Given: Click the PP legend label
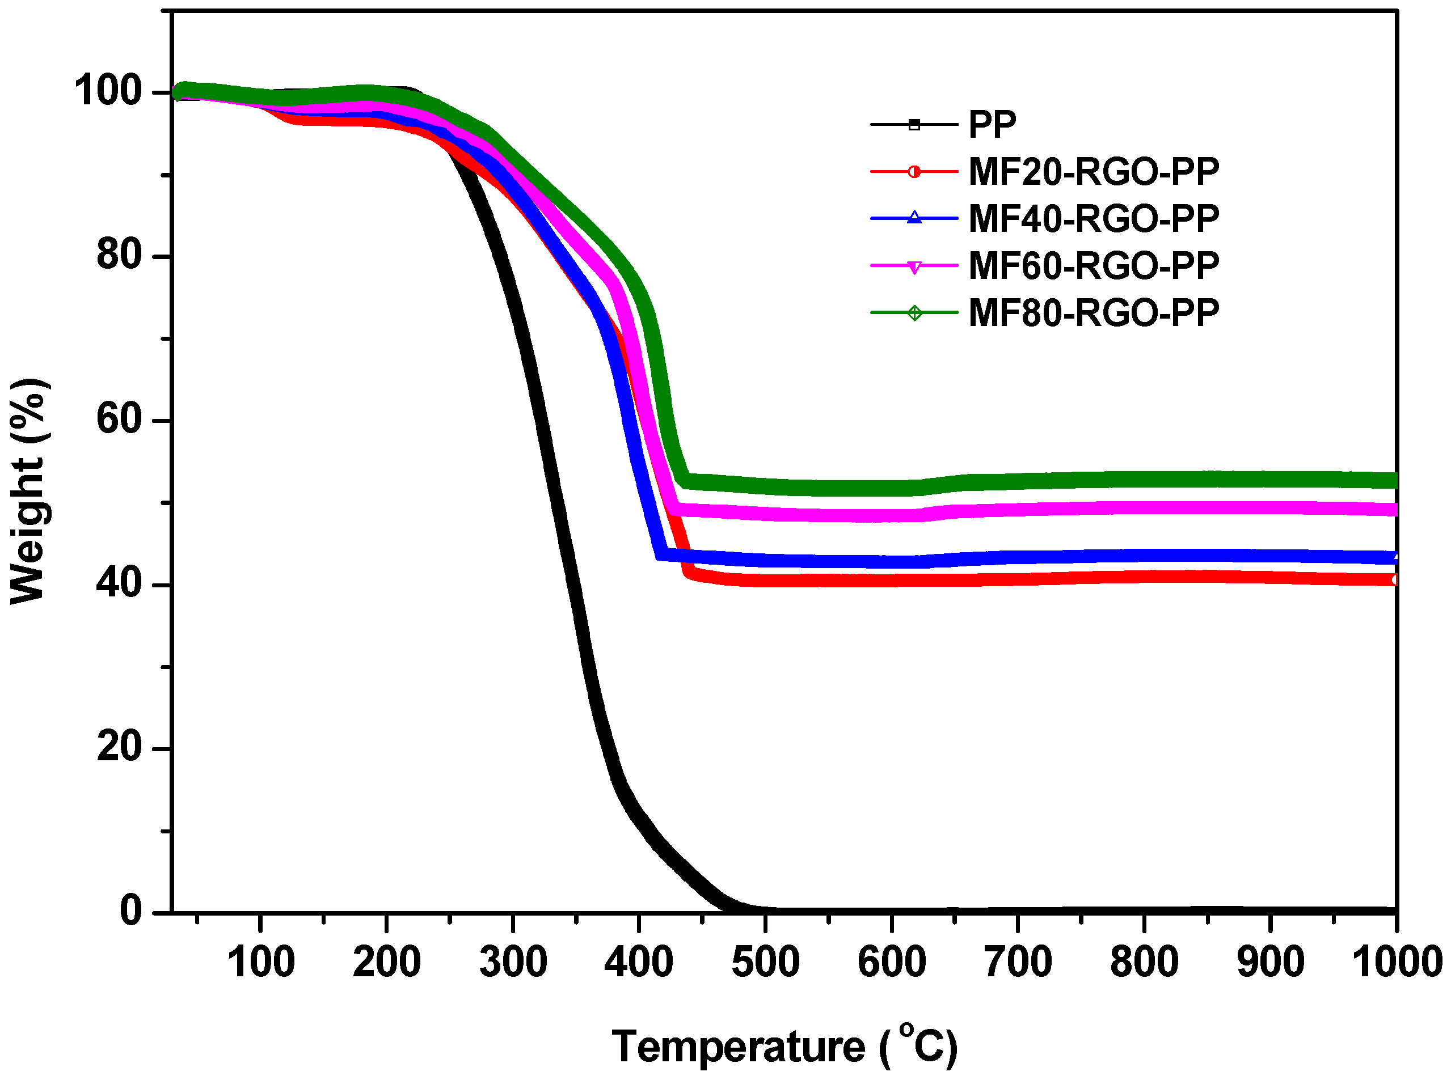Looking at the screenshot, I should pos(992,124).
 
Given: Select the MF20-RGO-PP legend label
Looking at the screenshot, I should pos(1093,172).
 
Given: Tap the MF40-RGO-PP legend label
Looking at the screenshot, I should pos(1093,219).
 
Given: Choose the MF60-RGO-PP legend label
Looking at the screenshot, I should pos(1093,266).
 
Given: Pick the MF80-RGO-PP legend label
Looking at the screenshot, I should pos(1093,313).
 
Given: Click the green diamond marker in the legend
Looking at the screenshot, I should pos(914,313).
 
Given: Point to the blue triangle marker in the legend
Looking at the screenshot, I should pos(914,218).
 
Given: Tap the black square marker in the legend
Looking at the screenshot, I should pos(914,124).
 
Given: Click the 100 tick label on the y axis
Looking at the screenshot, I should pos(108,91).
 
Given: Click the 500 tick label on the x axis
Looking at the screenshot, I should pos(765,962).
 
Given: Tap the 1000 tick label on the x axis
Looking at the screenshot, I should pos(1396,962).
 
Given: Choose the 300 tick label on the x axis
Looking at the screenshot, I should pos(513,962).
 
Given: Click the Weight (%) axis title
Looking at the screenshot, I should pos(27,490).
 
